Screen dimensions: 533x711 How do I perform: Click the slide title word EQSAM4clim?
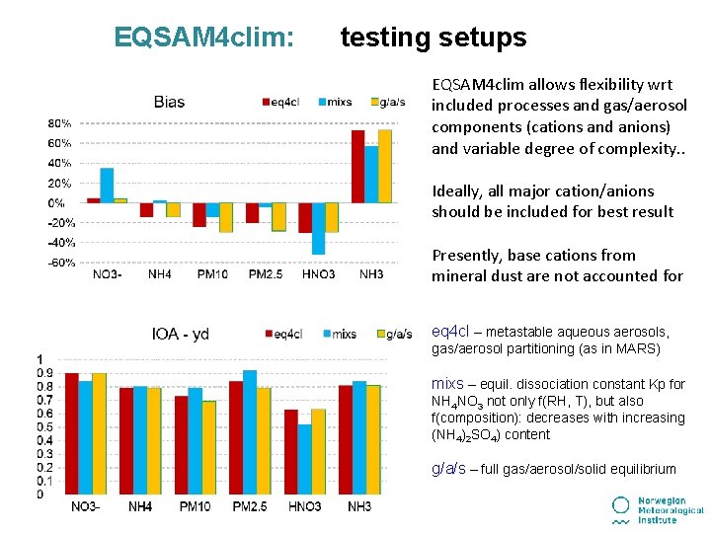coord(203,38)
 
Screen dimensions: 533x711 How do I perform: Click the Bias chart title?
coord(169,102)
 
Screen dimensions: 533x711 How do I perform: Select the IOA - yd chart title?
coord(180,334)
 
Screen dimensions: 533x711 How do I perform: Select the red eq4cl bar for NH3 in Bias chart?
coord(357,166)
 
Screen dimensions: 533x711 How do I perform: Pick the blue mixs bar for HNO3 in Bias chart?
coord(318,228)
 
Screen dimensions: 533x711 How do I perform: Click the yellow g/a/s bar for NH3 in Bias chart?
coord(384,166)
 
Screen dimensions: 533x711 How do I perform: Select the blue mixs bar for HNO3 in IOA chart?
coord(304,459)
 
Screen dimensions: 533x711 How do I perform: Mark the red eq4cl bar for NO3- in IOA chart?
coord(71,433)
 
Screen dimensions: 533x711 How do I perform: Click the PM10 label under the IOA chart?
coord(195,507)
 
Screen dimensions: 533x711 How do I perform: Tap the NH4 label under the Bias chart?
coord(160,273)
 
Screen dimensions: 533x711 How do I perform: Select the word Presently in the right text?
coord(465,255)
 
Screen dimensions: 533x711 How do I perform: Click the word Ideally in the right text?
coord(455,191)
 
